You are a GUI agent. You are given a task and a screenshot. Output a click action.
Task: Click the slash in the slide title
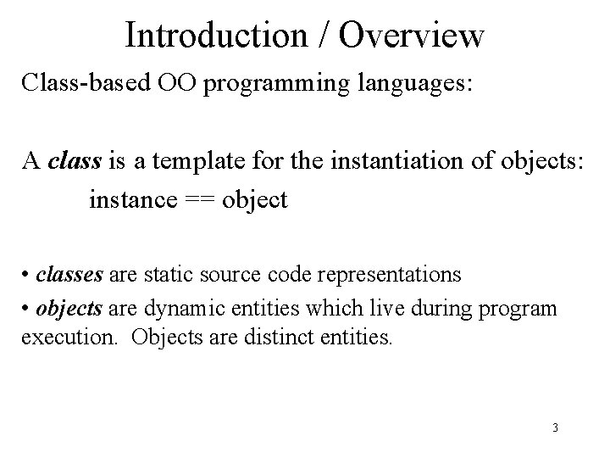point(327,35)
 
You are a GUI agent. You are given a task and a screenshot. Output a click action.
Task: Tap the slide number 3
point(554,427)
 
